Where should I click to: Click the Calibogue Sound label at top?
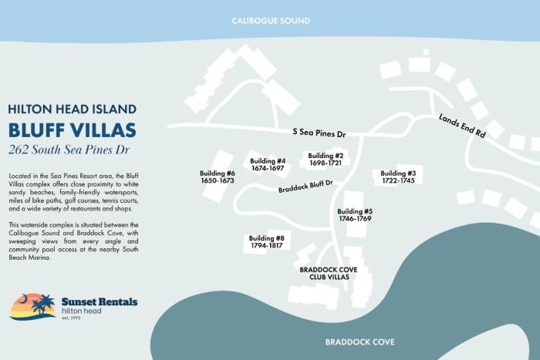pos(271,21)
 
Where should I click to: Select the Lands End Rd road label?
pos(462,126)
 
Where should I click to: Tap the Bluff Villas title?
pos(73,129)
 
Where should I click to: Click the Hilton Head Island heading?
pos(73,109)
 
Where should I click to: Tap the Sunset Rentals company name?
pos(100,301)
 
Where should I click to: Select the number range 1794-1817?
pos(267,247)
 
